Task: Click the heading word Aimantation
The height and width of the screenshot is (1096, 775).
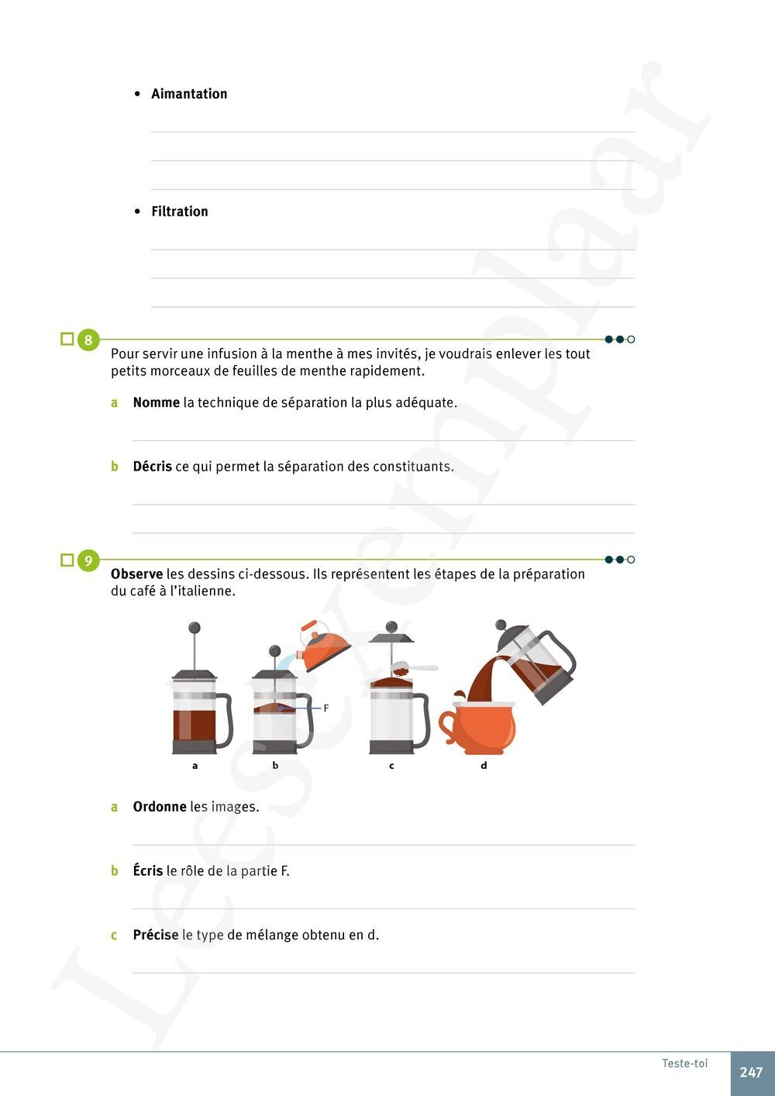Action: coord(189,94)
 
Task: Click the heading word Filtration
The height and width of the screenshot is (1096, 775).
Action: coord(179,212)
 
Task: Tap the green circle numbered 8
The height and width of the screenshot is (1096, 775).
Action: coord(88,340)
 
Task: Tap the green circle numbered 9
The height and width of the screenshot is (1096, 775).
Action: coord(88,560)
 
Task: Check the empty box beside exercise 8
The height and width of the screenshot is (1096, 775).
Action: coord(67,339)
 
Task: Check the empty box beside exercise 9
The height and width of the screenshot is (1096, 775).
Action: coord(67,560)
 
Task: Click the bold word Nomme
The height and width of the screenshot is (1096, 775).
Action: coord(156,403)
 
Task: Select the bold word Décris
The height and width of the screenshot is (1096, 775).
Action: coord(152,467)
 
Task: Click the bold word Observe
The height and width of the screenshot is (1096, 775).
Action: coord(136,574)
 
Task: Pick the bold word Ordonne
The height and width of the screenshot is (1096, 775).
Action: coord(159,807)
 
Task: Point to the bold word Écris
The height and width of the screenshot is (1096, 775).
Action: coord(147,871)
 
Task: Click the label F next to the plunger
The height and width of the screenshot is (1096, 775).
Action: coord(326,708)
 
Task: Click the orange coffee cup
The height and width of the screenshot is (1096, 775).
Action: coord(479,727)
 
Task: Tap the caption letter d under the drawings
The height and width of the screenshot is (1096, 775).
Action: coord(484,766)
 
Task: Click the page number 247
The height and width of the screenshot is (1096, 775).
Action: coord(751,1073)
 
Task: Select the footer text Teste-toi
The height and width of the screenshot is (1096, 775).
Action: coord(684,1063)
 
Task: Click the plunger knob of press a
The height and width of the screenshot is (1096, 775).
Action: coord(195,628)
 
